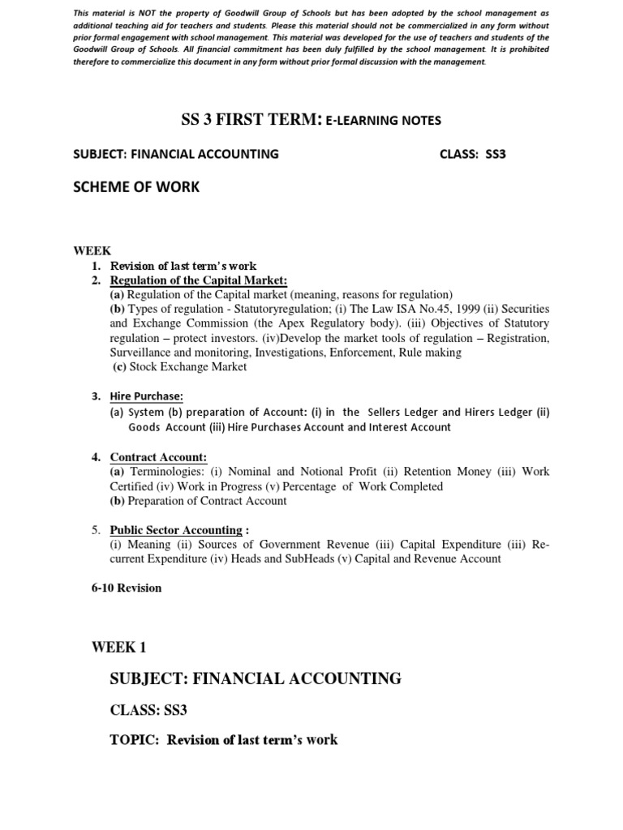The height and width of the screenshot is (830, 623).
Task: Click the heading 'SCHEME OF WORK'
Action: (x=135, y=187)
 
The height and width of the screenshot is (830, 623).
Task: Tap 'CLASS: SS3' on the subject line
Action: (x=472, y=153)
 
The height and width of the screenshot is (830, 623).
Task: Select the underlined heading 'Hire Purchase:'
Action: (x=147, y=396)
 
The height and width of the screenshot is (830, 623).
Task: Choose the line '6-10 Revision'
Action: (x=127, y=588)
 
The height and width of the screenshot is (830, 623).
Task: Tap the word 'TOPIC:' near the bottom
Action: (x=135, y=739)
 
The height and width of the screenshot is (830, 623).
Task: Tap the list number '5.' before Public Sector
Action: (x=96, y=530)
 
